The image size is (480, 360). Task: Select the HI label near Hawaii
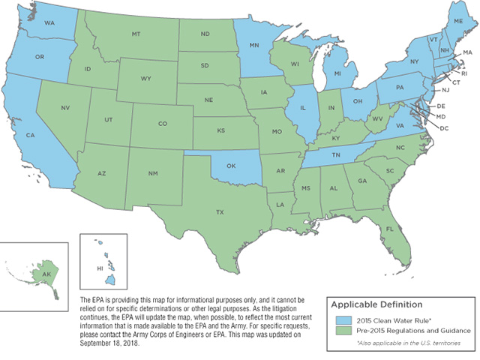coord(98,267)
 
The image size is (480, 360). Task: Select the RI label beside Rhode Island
coord(464,74)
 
